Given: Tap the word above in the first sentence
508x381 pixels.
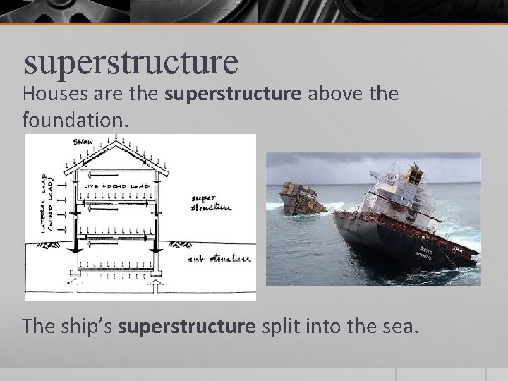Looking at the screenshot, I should pyautogui.click(x=337, y=93).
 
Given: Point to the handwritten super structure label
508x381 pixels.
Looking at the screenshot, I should pyautogui.click(x=210, y=202).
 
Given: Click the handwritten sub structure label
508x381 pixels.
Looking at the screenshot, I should pyautogui.click(x=218, y=259).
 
